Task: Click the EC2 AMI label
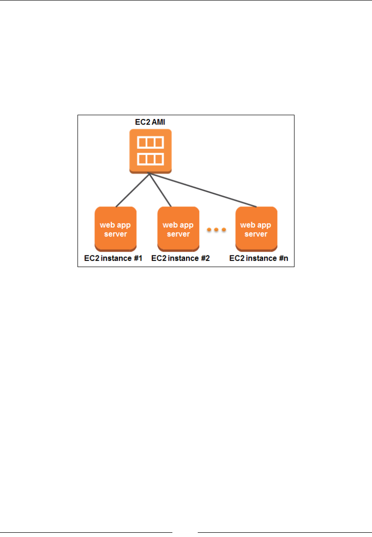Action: pos(149,123)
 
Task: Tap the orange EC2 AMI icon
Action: pos(150,151)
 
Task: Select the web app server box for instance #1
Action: pos(116,229)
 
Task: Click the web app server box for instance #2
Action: pos(178,229)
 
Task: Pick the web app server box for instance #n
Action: pos(256,229)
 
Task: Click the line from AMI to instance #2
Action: pos(160,191)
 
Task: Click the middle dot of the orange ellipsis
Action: pos(217,229)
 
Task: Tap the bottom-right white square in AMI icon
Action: pos(159,159)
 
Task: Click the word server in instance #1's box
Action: pos(116,234)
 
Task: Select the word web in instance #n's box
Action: pos(248,225)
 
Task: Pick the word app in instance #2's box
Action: pos(186,225)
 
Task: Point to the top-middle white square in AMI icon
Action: pos(150,143)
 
